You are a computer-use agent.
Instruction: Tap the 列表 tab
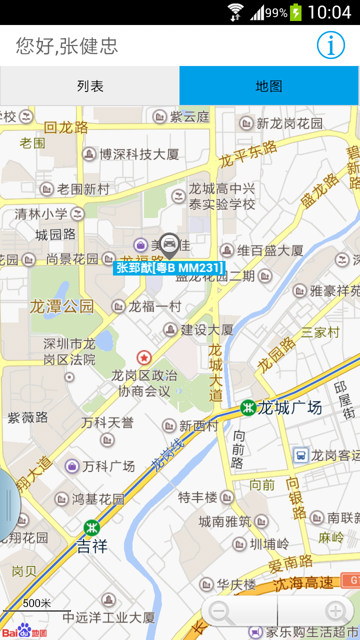pyautogui.click(x=90, y=86)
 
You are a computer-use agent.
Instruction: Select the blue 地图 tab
pyautogui.click(x=269, y=86)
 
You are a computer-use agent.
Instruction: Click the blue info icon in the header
pyautogui.click(x=330, y=45)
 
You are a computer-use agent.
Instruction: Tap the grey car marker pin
pyautogui.click(x=169, y=244)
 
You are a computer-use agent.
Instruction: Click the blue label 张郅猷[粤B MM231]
pyautogui.click(x=169, y=268)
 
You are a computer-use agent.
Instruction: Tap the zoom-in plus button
pyautogui.click(x=334, y=611)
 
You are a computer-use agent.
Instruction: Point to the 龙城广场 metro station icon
pyautogui.click(x=248, y=407)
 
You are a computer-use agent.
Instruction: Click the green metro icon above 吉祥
pyautogui.click(x=91, y=527)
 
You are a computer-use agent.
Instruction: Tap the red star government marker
pyautogui.click(x=144, y=357)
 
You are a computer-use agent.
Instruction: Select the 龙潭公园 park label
pyautogui.click(x=62, y=306)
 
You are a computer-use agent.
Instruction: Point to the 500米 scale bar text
pyautogui.click(x=37, y=603)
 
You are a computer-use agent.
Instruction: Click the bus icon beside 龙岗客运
pyautogui.click(x=300, y=455)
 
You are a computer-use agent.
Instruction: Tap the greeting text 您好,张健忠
pyautogui.click(x=67, y=45)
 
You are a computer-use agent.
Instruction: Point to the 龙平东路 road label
pyautogui.click(x=248, y=153)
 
